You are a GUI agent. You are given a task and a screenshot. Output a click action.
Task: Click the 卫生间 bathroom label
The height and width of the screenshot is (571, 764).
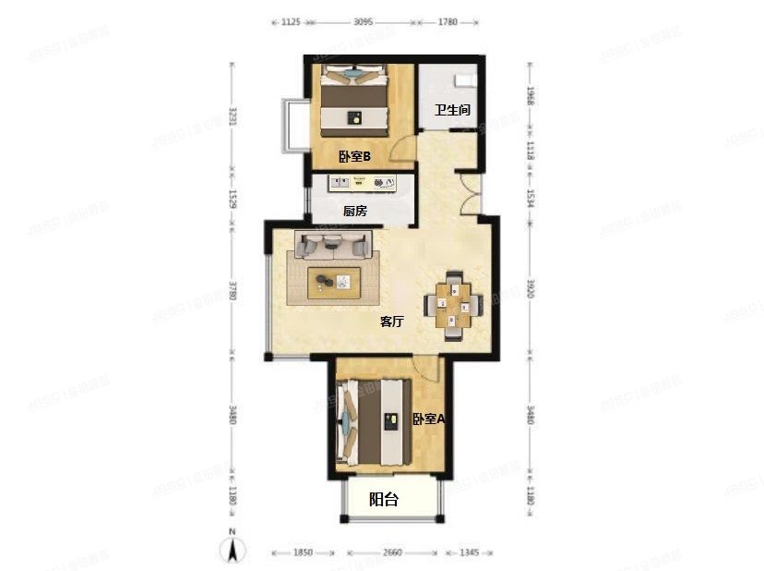tap(453, 110)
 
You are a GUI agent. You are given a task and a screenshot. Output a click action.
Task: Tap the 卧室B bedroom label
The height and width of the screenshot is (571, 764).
tap(353, 157)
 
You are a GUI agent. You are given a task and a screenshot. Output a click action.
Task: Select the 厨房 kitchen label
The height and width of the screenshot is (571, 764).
tap(355, 211)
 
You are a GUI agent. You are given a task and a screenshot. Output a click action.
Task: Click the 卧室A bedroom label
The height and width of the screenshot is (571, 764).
tap(428, 419)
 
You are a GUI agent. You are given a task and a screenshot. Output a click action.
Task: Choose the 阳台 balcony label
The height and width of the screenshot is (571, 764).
tap(384, 500)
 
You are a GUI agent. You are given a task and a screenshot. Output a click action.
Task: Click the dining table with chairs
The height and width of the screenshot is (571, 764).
tap(453, 305)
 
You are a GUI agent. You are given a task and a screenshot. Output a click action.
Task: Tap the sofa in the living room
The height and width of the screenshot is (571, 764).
tap(332, 245)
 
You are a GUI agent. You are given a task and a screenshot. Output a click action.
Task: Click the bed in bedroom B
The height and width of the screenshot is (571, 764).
tap(353, 96)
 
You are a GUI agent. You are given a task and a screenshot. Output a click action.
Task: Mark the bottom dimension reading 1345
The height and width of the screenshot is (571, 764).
tap(469, 553)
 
